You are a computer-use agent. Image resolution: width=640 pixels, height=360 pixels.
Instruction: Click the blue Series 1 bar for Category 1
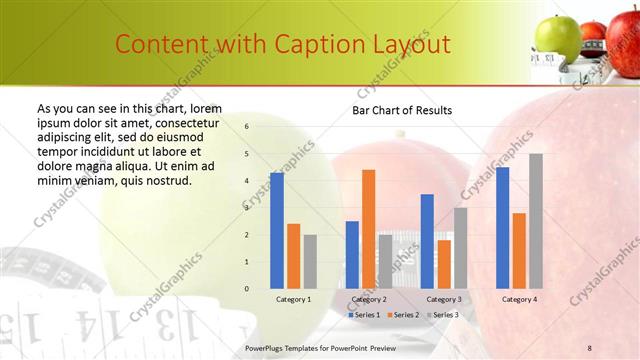[x=277, y=231]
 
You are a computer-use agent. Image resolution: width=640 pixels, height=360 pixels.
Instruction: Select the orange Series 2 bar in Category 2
[x=368, y=229]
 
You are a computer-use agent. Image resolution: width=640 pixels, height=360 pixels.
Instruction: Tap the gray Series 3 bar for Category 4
[x=536, y=221]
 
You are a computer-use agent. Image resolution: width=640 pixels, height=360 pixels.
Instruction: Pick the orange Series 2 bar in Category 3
[x=444, y=264]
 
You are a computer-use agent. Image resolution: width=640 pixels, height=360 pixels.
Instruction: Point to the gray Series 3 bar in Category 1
[x=310, y=262]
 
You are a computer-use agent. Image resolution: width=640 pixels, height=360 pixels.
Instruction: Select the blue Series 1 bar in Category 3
[x=427, y=241]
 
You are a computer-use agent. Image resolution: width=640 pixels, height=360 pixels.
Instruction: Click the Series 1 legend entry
[x=364, y=315]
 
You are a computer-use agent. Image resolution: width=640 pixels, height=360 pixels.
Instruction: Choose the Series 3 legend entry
[x=445, y=315]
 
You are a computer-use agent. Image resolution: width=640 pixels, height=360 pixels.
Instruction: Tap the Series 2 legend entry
[x=404, y=315]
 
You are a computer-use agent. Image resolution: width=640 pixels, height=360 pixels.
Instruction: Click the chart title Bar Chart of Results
[x=402, y=110]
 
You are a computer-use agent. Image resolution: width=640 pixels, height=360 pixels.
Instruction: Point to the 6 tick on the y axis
[x=247, y=127]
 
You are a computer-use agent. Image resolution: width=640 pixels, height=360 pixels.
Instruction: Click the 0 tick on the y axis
[x=247, y=289]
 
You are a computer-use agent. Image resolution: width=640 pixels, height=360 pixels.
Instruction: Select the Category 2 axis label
[x=369, y=299]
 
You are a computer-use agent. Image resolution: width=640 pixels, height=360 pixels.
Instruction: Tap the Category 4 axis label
[x=519, y=299]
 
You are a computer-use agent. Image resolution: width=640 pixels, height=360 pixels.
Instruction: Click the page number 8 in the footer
[x=590, y=347]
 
